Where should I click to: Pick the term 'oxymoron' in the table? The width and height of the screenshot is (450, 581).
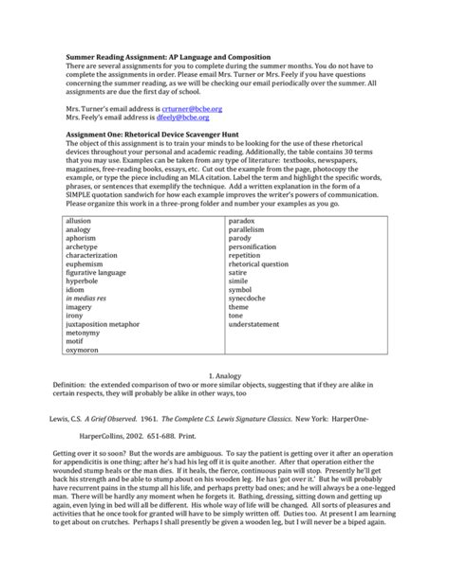pos(83,350)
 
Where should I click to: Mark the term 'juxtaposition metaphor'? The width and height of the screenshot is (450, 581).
pos(108,322)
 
